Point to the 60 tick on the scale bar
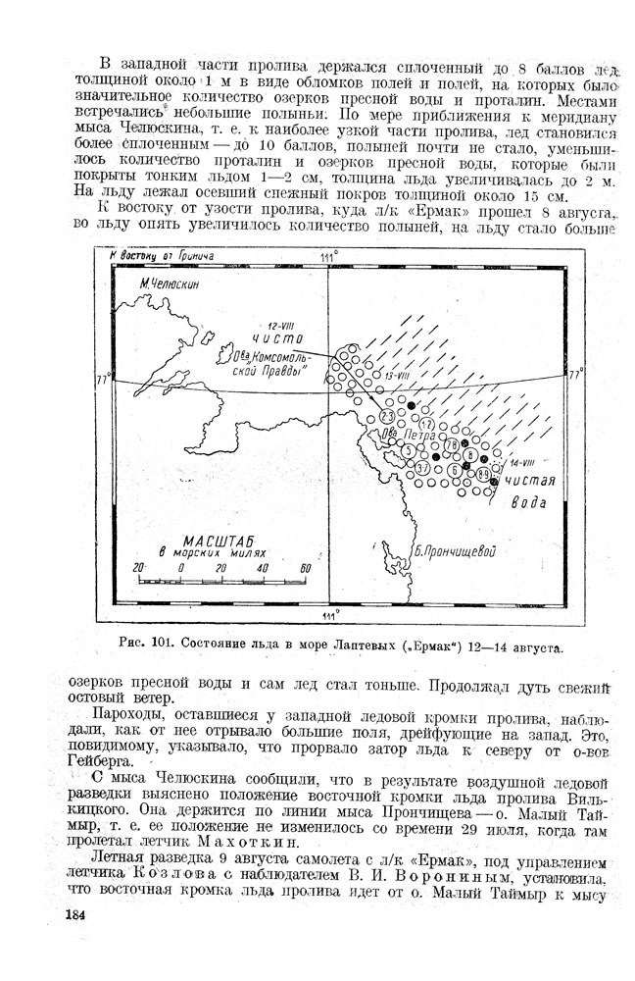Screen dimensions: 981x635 [x=306, y=568]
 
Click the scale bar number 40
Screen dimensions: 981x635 [x=263, y=568]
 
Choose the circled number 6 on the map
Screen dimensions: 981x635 [x=455, y=470]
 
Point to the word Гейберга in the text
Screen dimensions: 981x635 [x=89, y=758]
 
